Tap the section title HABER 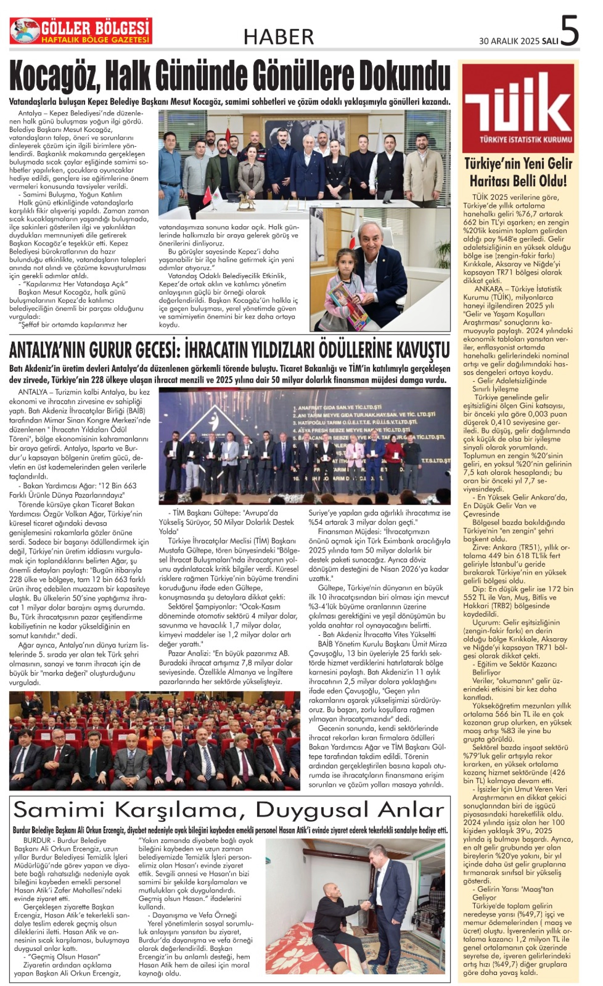[x=279, y=37]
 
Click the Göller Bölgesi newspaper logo [x=81, y=31]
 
